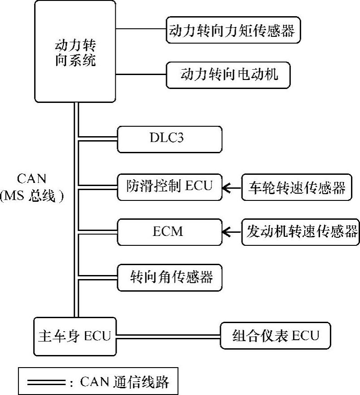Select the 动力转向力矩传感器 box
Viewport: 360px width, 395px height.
coord(233,31)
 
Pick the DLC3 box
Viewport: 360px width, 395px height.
coord(169,139)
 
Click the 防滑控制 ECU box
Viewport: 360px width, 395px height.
coord(169,186)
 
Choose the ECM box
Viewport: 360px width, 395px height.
coord(169,232)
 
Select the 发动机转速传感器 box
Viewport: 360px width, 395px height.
coord(301,232)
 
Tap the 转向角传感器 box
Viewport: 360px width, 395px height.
coord(169,277)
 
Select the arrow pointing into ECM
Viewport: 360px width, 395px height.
coord(232,232)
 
